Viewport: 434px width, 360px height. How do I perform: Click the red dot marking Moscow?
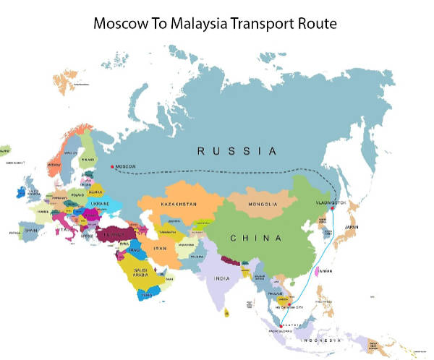coord(111,167)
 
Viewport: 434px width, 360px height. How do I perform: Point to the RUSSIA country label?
coord(238,151)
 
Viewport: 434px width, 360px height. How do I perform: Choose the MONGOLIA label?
coord(263,204)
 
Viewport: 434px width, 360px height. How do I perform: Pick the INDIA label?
coord(221,278)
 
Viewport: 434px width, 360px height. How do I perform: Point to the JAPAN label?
coord(351,227)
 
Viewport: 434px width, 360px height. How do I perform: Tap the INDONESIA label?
coord(324,340)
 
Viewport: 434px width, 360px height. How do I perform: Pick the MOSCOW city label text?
coord(126,167)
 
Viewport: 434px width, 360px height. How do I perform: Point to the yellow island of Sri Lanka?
coord(228,313)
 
